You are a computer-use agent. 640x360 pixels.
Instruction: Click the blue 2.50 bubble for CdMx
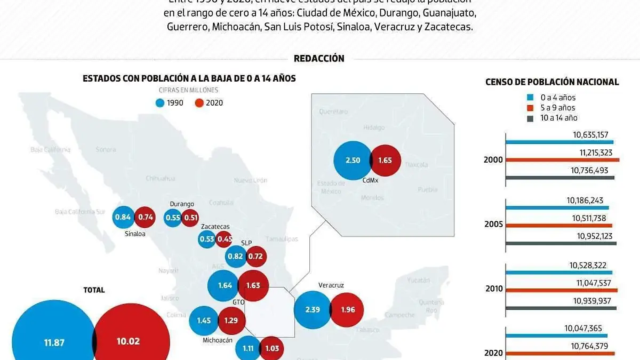(x=352, y=161)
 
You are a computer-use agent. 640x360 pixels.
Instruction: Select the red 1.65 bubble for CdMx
(x=386, y=161)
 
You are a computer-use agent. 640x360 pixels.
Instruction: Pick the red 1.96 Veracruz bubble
(x=347, y=310)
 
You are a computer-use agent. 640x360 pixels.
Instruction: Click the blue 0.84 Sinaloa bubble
(x=123, y=217)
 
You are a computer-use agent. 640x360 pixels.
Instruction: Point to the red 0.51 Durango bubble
(x=189, y=218)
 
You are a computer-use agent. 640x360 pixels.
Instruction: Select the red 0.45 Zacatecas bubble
(x=225, y=239)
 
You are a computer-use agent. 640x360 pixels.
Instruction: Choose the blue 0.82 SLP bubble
(x=235, y=257)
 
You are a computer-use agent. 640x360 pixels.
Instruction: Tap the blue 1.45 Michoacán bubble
(x=204, y=321)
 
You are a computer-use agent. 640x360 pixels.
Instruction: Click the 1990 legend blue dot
(x=161, y=103)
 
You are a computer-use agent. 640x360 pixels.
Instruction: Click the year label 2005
(x=493, y=225)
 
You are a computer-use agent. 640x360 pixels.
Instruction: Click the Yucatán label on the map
(x=418, y=280)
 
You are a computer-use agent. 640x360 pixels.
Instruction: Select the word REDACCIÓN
(x=319, y=59)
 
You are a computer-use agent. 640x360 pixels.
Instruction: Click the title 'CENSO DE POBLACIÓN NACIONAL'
(x=552, y=82)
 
